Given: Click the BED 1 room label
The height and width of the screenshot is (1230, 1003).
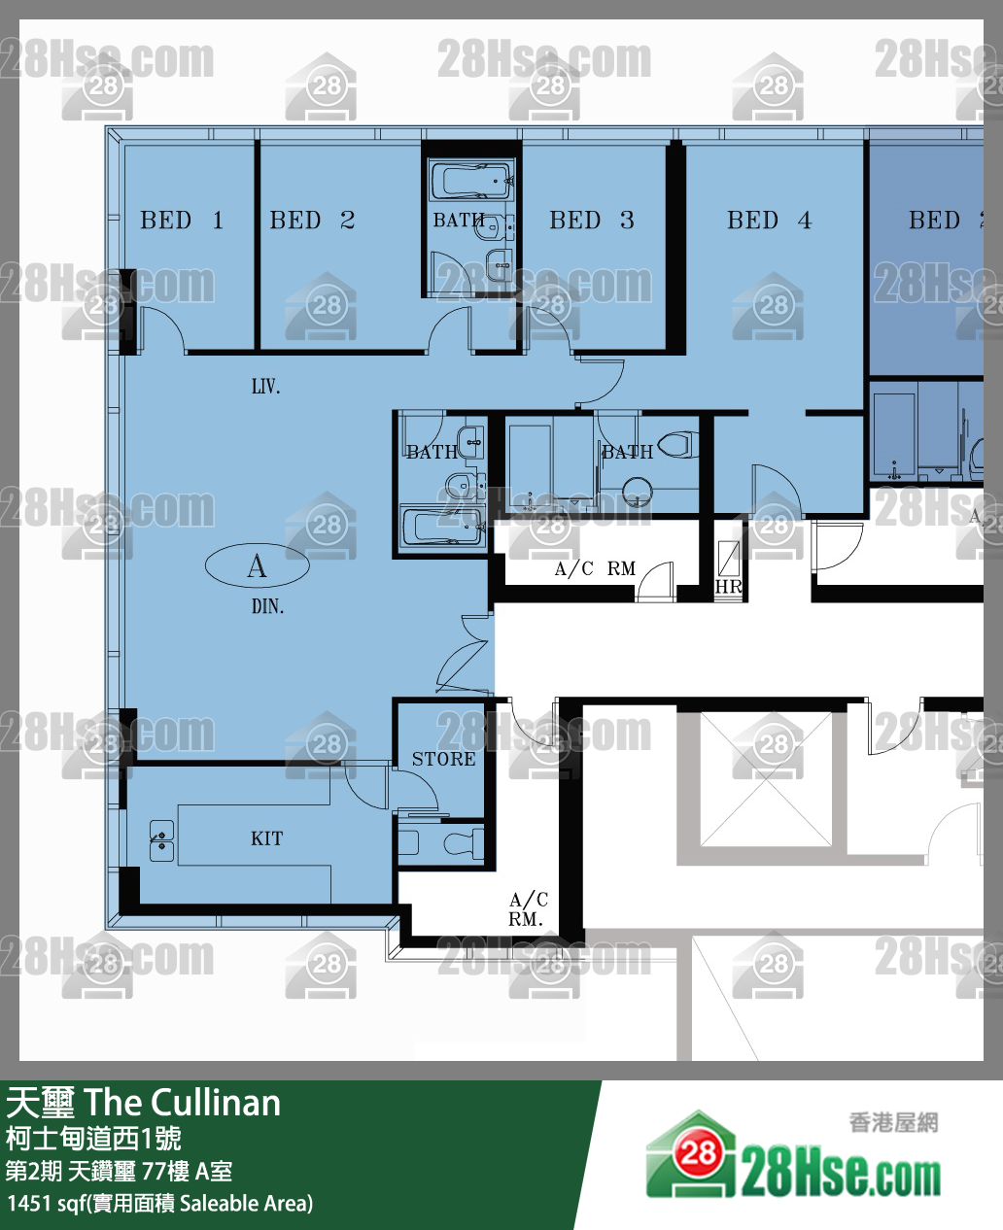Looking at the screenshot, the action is (x=182, y=220).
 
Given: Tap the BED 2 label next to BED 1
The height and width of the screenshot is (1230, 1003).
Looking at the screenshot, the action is (x=312, y=220).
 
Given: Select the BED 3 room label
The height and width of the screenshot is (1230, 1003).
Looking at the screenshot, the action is (x=592, y=220).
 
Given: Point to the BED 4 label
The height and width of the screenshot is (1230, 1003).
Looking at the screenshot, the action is (x=769, y=220).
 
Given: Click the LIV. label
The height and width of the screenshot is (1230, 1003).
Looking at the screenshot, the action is (x=265, y=387).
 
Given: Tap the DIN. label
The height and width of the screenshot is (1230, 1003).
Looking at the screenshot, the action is (x=267, y=606).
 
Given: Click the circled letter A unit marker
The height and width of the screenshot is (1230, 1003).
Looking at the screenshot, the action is (x=258, y=565).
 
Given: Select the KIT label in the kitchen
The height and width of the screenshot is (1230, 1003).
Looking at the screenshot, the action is (x=267, y=837).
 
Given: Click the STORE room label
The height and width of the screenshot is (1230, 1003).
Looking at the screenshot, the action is (x=444, y=759).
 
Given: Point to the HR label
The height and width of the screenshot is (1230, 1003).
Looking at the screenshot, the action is (x=728, y=587).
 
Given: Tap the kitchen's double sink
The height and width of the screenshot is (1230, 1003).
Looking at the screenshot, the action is (x=161, y=840).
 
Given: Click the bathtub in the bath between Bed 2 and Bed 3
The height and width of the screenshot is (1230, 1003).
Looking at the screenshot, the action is (x=470, y=181).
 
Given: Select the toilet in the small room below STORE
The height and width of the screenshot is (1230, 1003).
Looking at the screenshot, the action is (x=464, y=843).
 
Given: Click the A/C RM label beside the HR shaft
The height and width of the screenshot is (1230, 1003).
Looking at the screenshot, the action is (x=595, y=568).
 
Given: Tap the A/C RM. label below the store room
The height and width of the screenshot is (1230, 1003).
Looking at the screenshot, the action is (x=528, y=909).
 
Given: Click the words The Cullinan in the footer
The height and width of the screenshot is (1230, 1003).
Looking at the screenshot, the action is (x=183, y=1103).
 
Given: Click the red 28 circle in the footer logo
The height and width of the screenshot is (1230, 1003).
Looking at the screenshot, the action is (x=699, y=1153).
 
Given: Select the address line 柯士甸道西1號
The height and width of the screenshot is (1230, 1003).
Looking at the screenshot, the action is (x=93, y=1138).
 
